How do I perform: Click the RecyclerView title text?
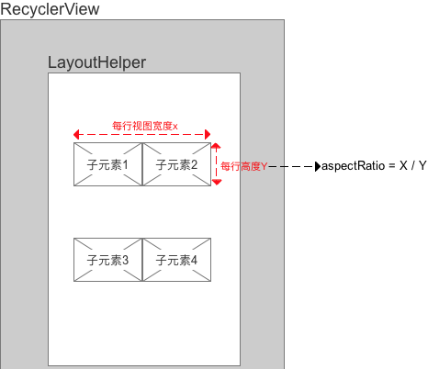[50, 9]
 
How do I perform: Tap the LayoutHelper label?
[96, 63]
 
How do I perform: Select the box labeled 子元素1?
[107, 164]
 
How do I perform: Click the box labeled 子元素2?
[176, 164]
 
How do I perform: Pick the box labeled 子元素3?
[107, 260]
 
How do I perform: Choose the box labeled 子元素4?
[176, 260]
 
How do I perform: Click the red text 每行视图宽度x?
[145, 126]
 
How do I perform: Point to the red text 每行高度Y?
[244, 166]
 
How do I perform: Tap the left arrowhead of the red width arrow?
[76, 134]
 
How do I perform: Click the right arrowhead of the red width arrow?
[208, 134]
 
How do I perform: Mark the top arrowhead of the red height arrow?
[217, 146]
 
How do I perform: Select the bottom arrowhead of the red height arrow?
[217, 183]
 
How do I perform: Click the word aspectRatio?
[354, 166]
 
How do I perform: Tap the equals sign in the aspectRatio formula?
[392, 166]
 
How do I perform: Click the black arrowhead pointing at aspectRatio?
[318, 166]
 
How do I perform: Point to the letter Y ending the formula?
[422, 165]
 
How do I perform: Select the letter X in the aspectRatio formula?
[403, 165]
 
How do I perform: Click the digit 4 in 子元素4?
[194, 261]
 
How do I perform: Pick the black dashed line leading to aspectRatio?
[292, 167]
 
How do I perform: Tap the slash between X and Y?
[413, 165]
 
